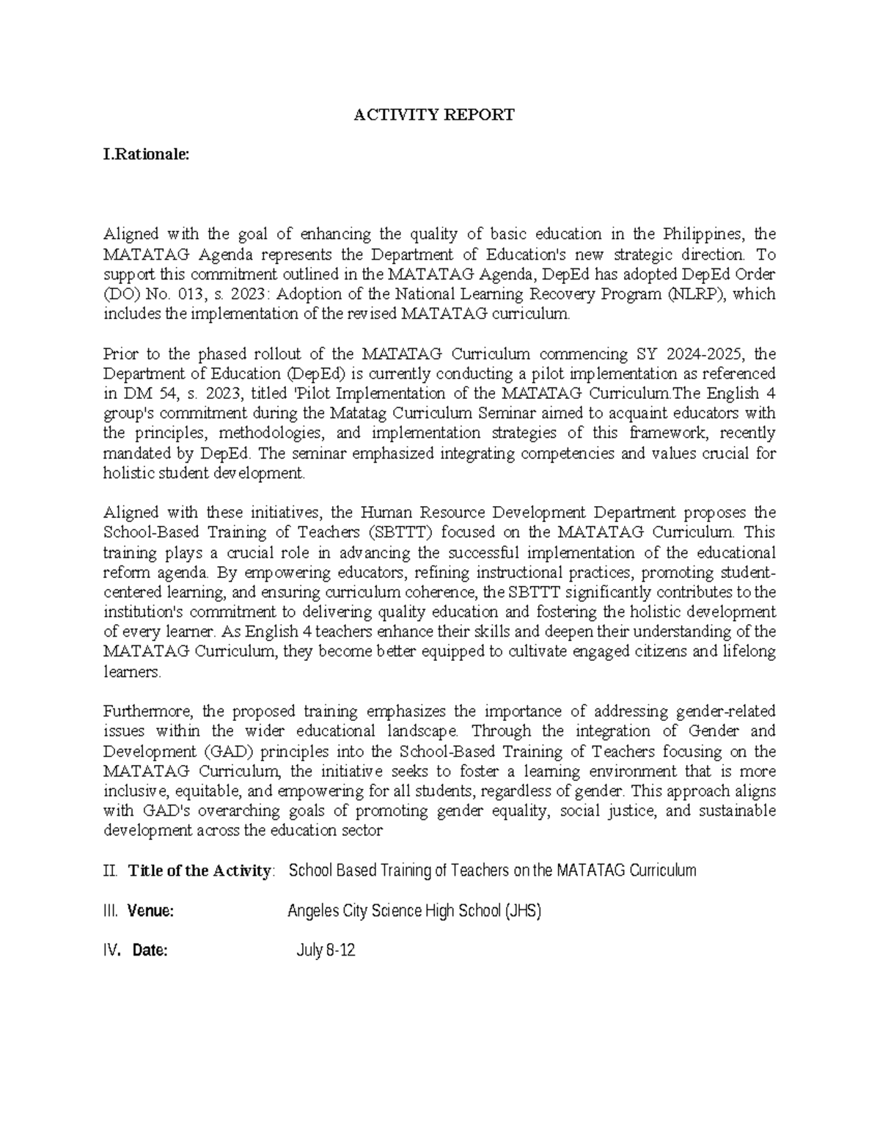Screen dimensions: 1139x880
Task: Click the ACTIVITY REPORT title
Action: click(434, 114)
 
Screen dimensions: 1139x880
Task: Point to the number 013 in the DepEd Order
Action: click(187, 295)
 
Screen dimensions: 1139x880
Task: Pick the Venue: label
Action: click(150, 912)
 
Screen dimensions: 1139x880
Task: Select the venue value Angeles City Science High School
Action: click(414, 912)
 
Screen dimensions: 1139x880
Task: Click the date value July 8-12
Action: click(326, 951)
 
